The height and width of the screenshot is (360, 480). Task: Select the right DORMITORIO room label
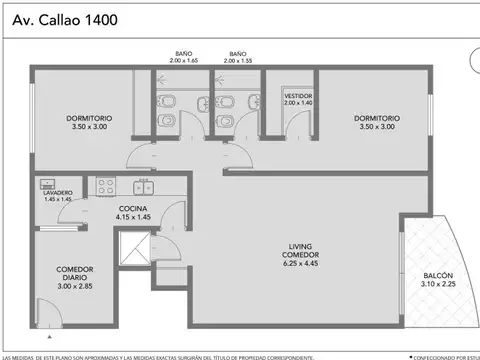click(x=382, y=118)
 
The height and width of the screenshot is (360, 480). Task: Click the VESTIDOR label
click(x=298, y=97)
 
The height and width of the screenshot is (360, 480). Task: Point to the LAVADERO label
click(x=57, y=193)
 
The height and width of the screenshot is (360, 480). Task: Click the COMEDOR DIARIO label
click(x=77, y=273)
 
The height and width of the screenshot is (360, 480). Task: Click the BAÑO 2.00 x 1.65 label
click(x=183, y=57)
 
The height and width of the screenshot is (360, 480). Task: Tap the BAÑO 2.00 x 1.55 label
click(x=238, y=57)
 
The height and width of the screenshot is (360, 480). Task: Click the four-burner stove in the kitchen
click(x=106, y=186)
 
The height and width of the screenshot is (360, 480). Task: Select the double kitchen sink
click(x=143, y=186)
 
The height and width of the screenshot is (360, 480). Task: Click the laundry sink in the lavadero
click(x=45, y=183)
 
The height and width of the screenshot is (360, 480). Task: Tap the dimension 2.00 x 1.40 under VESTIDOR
click(x=298, y=104)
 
